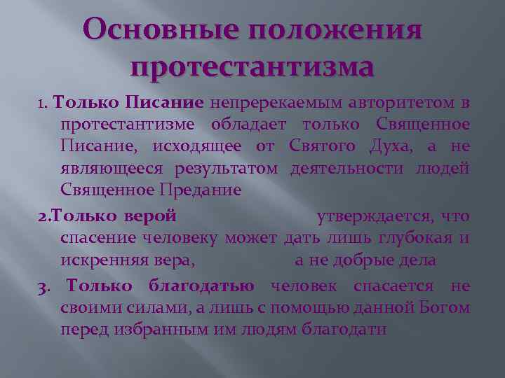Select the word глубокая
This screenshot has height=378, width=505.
point(415,238)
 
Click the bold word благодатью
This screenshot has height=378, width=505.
point(201,286)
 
